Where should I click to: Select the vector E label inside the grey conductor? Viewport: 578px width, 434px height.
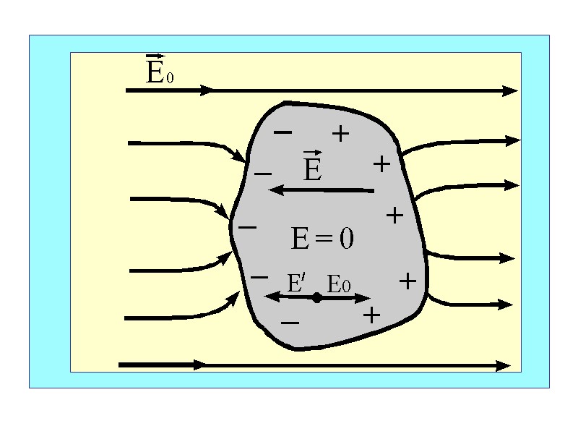click(x=312, y=167)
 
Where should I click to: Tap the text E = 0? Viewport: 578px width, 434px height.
click(x=322, y=238)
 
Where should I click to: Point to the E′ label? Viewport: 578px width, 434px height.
click(x=296, y=283)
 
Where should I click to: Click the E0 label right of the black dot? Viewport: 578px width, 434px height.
click(x=338, y=284)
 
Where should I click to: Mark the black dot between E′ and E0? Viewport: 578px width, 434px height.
click(x=316, y=297)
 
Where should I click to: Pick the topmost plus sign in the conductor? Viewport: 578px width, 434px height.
click(x=340, y=133)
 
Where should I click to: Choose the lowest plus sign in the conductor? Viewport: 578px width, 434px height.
click(x=371, y=315)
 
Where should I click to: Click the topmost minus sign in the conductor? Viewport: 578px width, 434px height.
click(x=283, y=132)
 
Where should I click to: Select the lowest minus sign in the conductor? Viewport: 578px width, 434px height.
click(x=290, y=322)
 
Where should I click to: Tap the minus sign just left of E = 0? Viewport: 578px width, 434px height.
click(x=247, y=227)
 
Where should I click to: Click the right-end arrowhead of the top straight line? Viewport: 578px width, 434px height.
click(x=512, y=91)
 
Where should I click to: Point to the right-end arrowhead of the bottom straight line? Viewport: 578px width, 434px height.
click(x=504, y=366)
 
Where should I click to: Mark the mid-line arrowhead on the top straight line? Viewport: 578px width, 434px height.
click(x=207, y=90)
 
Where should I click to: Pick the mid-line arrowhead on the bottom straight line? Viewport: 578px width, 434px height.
click(x=198, y=365)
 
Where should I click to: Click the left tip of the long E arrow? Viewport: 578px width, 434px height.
click(x=272, y=190)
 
